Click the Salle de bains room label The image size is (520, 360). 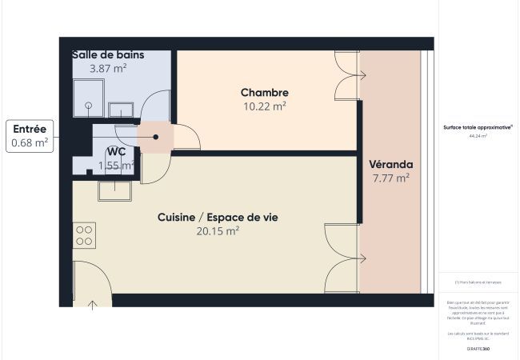[108, 54]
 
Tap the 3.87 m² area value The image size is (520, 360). [108, 69]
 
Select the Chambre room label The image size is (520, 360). [264, 93]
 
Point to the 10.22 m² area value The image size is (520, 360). [264, 106]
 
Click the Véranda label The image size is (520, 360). [390, 165]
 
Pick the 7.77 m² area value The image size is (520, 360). [390, 178]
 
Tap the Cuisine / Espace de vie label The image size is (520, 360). [218, 218]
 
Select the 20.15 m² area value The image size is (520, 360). [218, 231]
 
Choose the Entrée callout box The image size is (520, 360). [30, 136]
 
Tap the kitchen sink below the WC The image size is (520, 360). [114, 190]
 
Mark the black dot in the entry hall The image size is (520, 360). [156, 137]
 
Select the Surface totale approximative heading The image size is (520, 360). [478, 127]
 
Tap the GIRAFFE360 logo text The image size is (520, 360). [478, 350]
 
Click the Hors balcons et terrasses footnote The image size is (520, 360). [478, 282]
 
